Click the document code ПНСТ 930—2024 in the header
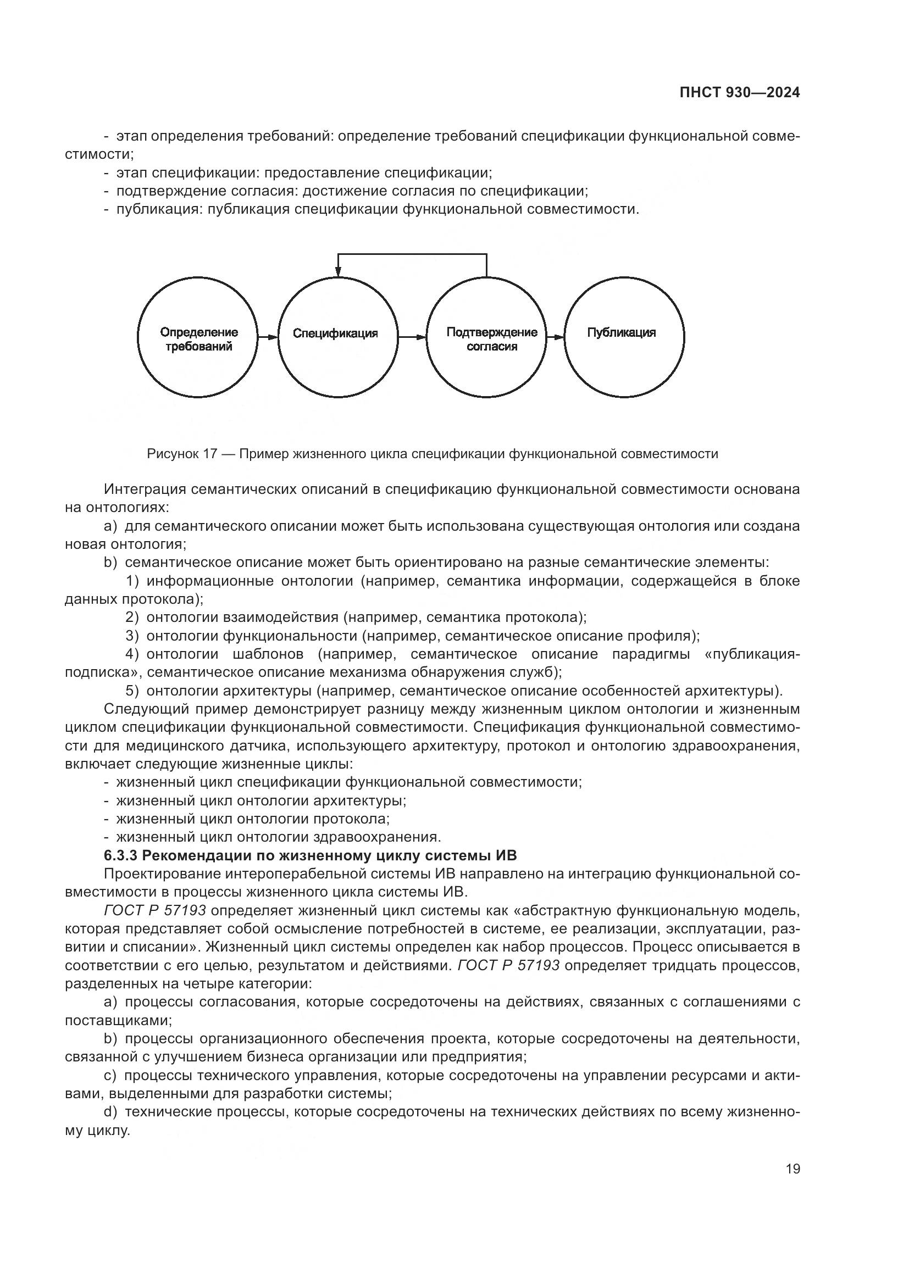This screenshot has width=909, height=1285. coord(739,93)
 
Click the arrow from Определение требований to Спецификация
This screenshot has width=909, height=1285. coord(268,337)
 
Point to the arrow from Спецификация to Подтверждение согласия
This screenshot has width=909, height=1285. coord(412,337)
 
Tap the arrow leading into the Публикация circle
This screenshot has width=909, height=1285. coord(555,337)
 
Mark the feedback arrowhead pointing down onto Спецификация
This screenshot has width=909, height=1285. coord(338,274)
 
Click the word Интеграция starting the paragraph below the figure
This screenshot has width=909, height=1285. coord(145,489)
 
